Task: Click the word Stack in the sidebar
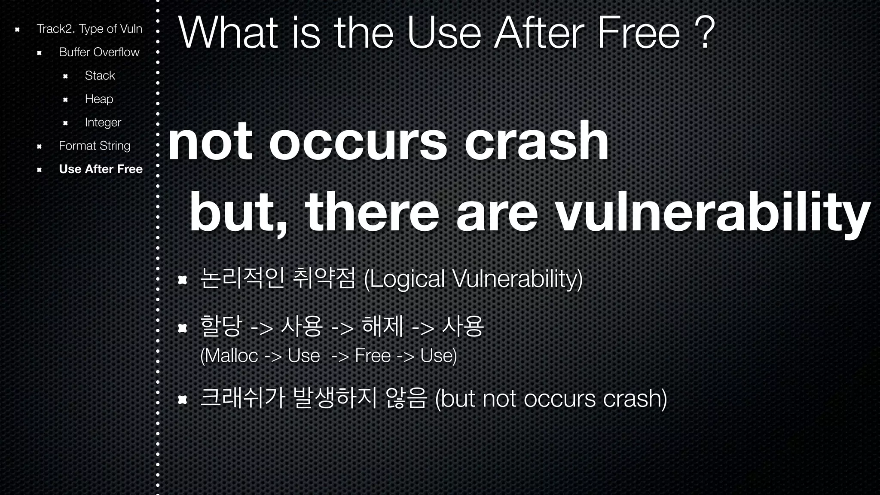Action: point(100,76)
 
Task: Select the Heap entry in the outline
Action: point(99,99)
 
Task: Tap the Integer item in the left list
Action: point(103,122)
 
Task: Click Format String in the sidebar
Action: point(94,146)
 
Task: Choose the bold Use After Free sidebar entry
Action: point(101,169)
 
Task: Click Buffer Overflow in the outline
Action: point(99,52)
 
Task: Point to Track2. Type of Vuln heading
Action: point(89,29)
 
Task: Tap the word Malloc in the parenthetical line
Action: point(230,356)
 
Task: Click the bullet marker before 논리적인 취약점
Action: point(183,280)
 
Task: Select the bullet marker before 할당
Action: point(183,328)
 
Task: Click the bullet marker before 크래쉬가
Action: point(183,400)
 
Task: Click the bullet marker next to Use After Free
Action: point(39,170)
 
